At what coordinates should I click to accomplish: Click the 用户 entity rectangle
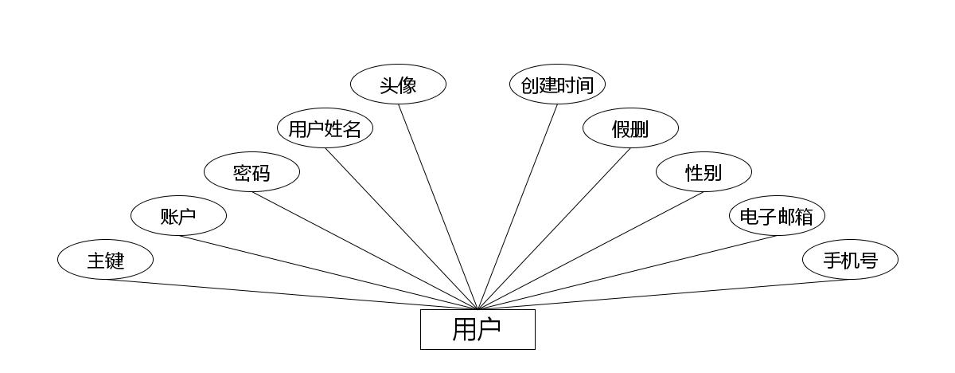point(477,329)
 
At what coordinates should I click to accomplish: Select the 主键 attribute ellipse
point(105,260)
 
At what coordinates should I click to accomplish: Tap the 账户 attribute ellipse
point(178,216)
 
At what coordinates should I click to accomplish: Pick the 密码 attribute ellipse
point(251,172)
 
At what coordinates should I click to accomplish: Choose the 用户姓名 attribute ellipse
point(325,128)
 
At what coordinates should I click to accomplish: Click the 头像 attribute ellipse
point(398,84)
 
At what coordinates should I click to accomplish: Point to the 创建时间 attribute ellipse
point(557,84)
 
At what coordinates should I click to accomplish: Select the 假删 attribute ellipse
point(630,128)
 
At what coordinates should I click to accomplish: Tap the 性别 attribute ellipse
point(704,172)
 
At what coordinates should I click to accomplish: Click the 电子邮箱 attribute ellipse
point(777,216)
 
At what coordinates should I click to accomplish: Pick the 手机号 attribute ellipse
point(850,260)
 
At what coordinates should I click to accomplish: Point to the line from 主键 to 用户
point(291,294)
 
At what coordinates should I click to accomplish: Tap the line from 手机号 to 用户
point(664,294)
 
